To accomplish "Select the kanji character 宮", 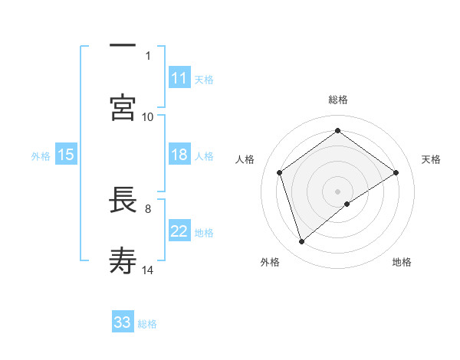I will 123,107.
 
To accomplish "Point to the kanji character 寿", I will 123,260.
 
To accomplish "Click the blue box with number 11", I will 179,78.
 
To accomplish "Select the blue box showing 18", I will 179,155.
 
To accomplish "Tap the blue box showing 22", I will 179,231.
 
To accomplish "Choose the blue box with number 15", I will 66,155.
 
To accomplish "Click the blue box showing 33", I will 123,322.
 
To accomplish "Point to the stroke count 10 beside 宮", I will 148,116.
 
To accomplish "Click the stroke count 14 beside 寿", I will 148,270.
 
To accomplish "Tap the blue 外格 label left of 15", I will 41,155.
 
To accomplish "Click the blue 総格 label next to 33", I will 147,323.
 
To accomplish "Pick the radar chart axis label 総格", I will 338,100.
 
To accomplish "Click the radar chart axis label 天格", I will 432,159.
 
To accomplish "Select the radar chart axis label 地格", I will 402,262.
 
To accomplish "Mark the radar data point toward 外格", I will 301,242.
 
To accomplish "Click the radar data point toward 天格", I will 396,172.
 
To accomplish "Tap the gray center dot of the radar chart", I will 338,191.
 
